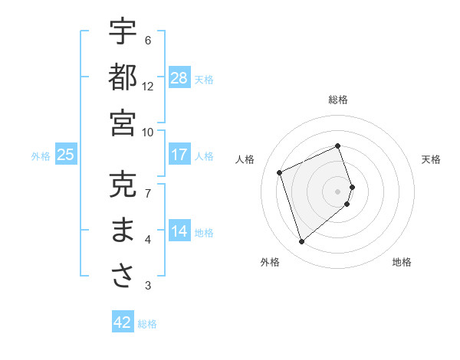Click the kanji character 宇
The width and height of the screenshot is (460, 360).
123,32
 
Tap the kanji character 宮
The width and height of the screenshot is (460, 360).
123,123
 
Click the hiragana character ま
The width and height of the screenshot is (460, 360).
123,231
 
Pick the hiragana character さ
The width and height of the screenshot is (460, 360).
123,277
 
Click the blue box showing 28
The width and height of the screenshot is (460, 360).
179,77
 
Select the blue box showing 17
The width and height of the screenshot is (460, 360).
179,155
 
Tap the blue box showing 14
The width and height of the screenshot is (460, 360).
179,231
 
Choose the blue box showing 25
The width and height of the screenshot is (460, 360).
65,155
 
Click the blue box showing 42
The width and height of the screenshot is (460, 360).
122,322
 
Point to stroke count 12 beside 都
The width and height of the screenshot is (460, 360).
148,87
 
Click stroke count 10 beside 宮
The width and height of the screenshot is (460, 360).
148,132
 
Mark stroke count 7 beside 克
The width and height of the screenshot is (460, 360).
148,192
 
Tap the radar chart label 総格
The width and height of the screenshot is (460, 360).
338,100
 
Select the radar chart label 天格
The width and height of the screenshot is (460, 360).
432,159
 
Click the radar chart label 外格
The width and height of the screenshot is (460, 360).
270,262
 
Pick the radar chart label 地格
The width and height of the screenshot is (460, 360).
402,262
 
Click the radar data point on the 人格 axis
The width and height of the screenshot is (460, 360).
281,172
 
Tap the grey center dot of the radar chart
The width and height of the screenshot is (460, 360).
338,191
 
